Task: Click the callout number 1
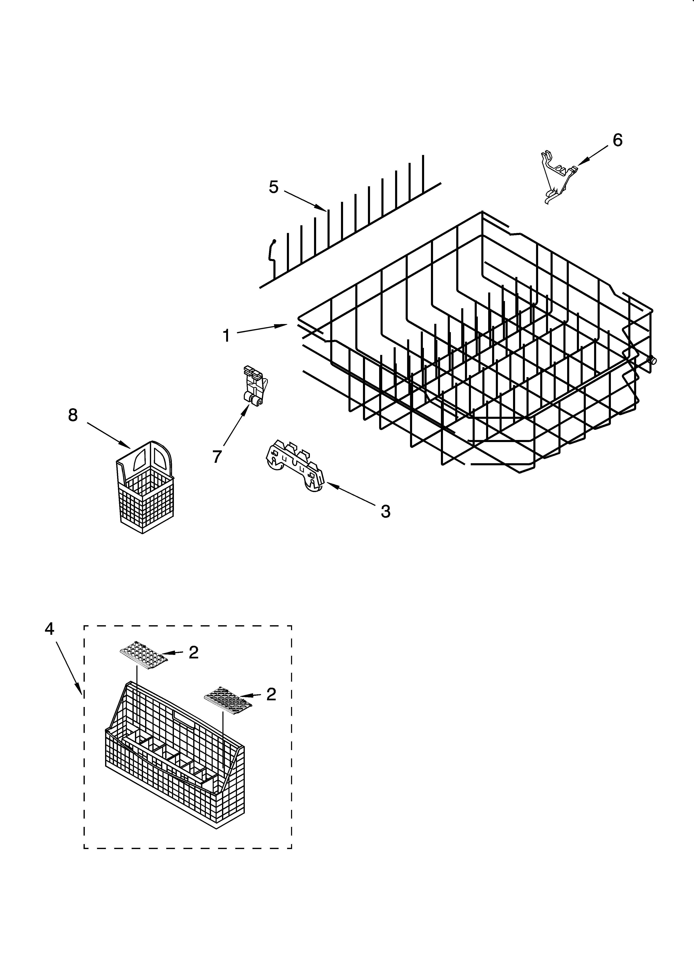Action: [x=227, y=336]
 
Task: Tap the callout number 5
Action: [x=274, y=187]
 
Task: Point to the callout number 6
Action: [x=618, y=140]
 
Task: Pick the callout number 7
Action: [x=217, y=457]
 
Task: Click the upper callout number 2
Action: [x=194, y=652]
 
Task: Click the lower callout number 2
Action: [x=271, y=694]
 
